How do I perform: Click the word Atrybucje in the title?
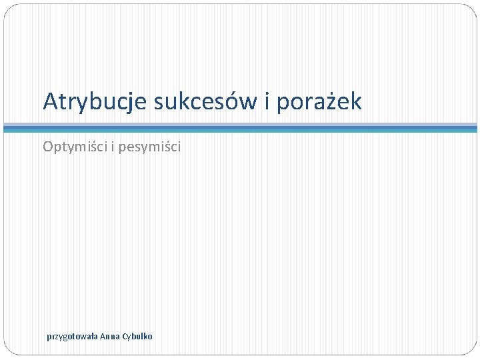coord(95,102)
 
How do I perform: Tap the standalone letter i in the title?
coord(265,102)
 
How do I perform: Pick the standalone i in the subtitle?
coord(111,146)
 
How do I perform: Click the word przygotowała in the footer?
coord(72,337)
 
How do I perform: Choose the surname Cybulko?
coord(137,336)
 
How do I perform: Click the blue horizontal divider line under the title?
coord(240,127)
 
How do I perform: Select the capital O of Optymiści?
coord(48,146)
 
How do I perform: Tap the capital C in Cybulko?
coord(124,336)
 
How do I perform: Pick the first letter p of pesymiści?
coord(123,148)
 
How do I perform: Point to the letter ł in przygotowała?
coord(91,336)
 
